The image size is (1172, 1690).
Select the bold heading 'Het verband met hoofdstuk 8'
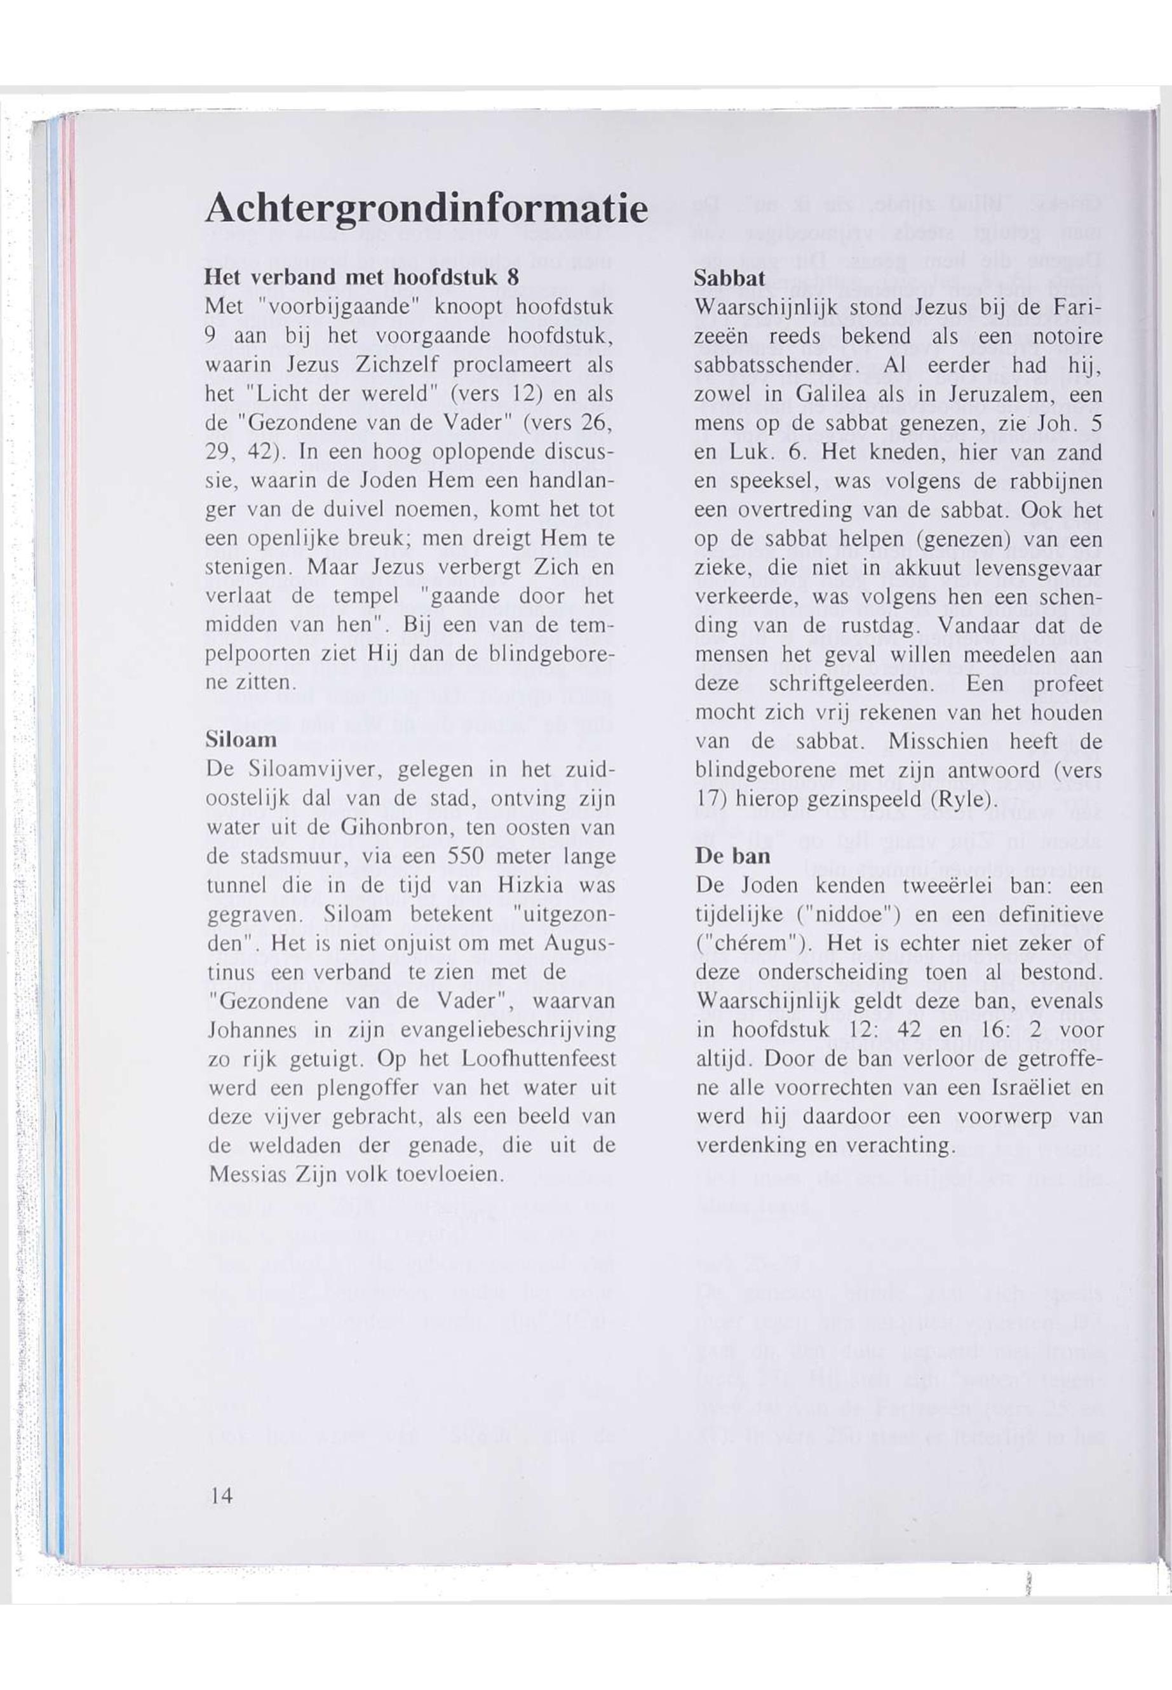tap(362, 278)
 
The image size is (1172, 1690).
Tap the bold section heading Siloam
tap(241, 739)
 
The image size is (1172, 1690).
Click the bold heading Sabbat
tap(731, 278)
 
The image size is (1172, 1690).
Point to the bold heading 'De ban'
tap(733, 856)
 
